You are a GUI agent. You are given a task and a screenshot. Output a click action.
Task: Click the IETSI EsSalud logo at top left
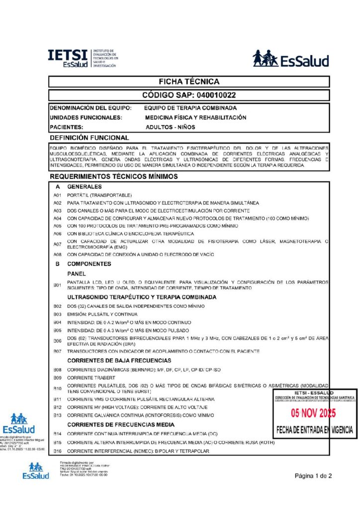pos(83,58)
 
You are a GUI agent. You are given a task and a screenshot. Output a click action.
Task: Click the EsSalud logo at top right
pos(290,59)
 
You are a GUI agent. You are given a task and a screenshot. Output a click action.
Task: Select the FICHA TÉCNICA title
pos(188,82)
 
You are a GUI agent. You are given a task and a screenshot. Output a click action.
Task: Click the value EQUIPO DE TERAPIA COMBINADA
pos(190,108)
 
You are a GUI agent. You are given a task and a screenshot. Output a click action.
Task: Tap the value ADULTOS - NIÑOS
pos(171,127)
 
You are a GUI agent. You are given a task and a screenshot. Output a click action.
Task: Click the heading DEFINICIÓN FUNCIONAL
pos(90,138)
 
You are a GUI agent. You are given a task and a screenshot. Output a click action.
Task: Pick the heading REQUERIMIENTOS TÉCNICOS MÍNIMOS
pos(114,176)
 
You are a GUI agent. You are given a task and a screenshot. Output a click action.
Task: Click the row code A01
pos(57,195)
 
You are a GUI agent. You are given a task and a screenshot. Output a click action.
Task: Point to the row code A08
pos(57,255)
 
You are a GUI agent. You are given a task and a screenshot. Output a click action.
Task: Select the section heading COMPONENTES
pos(89,264)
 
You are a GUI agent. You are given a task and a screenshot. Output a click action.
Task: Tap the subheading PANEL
pos(77,273)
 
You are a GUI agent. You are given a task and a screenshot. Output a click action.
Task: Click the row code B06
pos(57,340)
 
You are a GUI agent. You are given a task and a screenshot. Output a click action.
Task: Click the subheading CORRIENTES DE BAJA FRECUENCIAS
pos(119,360)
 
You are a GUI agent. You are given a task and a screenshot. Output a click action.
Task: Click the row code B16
pos(57,451)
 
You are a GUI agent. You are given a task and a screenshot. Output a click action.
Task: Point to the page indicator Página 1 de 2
pos(313,476)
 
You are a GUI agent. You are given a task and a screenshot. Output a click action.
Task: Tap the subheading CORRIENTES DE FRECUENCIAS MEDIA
pos(121,424)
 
